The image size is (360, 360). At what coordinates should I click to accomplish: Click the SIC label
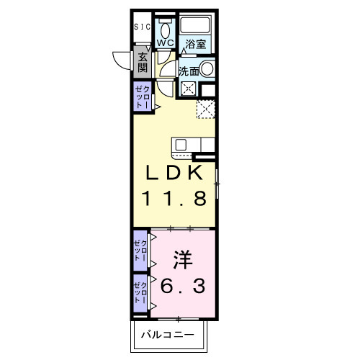pos(143,27)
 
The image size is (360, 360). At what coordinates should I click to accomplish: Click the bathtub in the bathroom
pos(195,24)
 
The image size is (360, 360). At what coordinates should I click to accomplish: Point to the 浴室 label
pos(196,44)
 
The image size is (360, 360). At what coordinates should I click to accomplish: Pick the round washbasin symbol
pos(207,70)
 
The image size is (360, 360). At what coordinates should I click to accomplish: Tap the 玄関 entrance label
pos(143,63)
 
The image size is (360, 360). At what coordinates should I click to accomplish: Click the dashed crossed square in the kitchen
pos(207,109)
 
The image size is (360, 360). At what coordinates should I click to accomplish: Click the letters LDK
pos(180,174)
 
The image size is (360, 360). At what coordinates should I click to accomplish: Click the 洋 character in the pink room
pos(181,258)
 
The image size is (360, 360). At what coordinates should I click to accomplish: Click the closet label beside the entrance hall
pos(141,96)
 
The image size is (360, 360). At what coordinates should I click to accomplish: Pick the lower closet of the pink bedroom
pos(140,294)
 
